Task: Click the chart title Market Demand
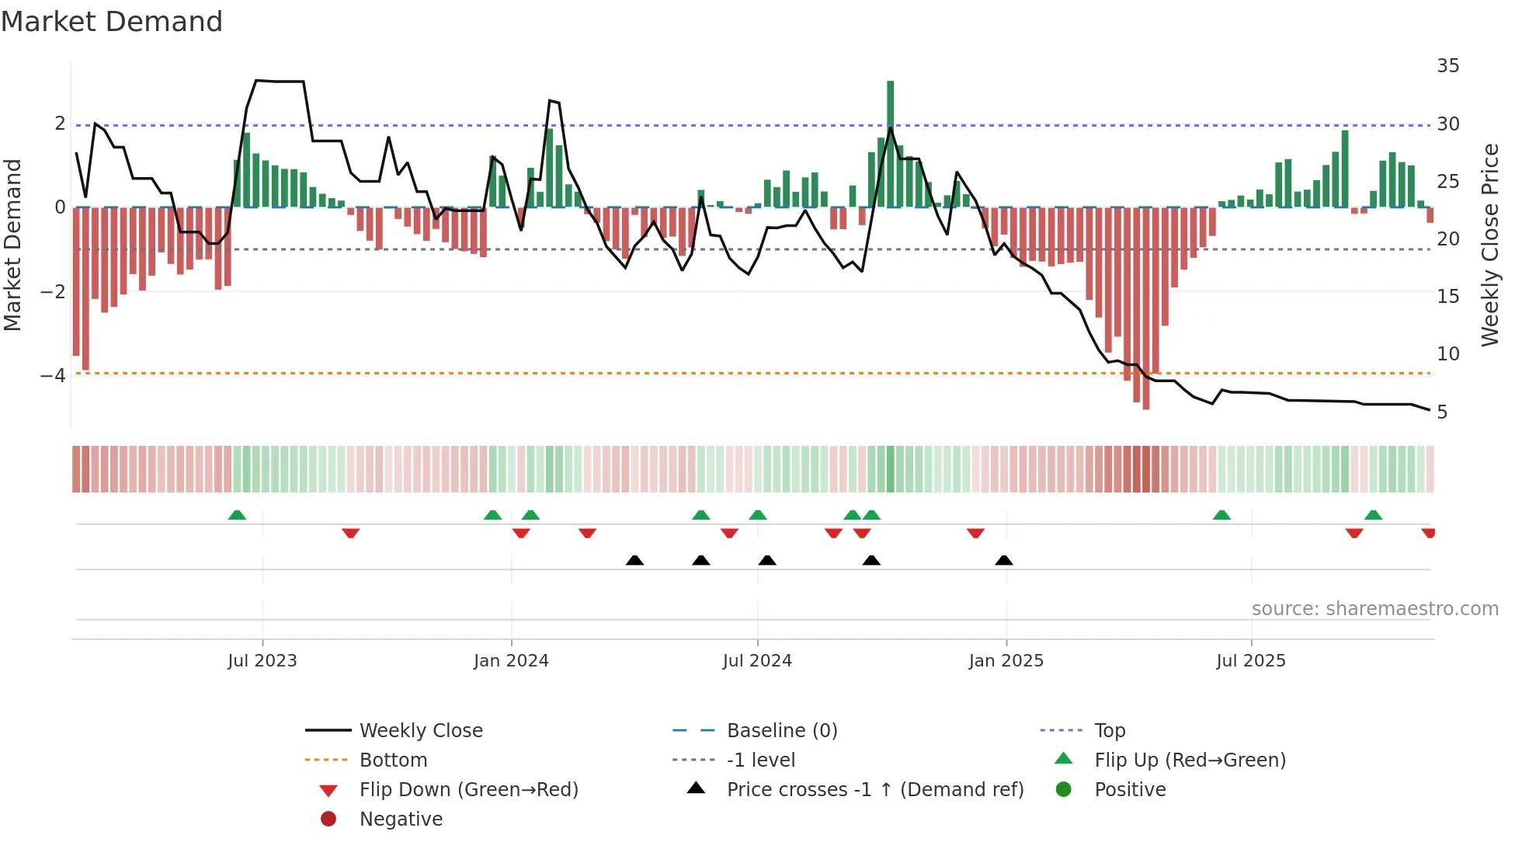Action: (112, 22)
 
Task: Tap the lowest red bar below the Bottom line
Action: (1145, 388)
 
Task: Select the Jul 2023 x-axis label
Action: (262, 661)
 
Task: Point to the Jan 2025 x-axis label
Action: (1006, 661)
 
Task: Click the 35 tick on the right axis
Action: (1447, 66)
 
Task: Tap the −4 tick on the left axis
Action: (54, 376)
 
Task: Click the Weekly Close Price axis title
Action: (1489, 245)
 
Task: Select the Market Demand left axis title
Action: (13, 245)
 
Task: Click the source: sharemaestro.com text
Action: (1374, 609)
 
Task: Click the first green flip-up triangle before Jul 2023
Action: (237, 515)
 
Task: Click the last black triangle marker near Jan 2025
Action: (1004, 561)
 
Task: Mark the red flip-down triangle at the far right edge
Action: (1429, 533)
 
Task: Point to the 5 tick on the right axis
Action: (1442, 412)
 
